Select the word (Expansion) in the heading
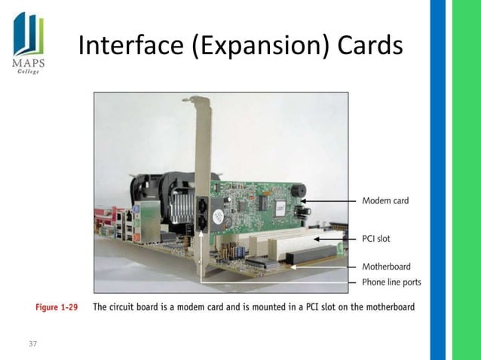[x=259, y=49]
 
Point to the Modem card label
[x=385, y=200]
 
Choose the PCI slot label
[x=376, y=238]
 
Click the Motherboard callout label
[x=386, y=266]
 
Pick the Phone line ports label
[x=391, y=282]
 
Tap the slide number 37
[x=32, y=344]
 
